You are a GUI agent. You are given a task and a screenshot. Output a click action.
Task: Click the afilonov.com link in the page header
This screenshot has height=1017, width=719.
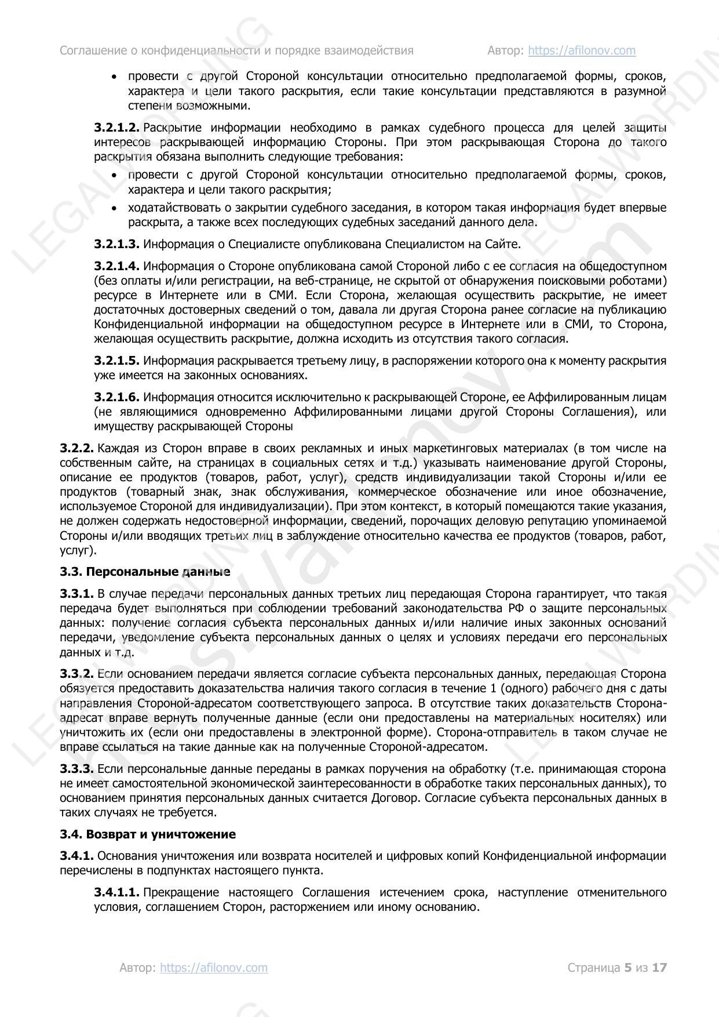[x=582, y=50]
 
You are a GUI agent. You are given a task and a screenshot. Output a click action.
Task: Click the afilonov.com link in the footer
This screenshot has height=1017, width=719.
[x=214, y=967]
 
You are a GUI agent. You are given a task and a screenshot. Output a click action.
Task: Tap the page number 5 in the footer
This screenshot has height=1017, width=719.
[x=627, y=967]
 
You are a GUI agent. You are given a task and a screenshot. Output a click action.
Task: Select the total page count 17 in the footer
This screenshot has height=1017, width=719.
[x=660, y=967]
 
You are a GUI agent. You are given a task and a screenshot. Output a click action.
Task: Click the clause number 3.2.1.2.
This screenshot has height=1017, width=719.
[x=116, y=128]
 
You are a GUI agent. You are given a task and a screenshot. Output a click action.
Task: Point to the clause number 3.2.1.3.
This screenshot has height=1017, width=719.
[x=116, y=244]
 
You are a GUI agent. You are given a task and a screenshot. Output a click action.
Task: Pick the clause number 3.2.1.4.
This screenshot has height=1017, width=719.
[x=116, y=266]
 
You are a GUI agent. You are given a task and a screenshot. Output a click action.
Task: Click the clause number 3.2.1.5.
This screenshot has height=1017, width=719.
[x=116, y=361]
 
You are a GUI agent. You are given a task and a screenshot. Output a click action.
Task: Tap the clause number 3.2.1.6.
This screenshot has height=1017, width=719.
[x=116, y=397]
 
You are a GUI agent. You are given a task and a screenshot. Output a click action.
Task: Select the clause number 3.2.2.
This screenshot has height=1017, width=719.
[x=76, y=448]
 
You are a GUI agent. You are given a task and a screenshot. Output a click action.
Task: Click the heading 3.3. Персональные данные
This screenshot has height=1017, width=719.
[x=145, y=572]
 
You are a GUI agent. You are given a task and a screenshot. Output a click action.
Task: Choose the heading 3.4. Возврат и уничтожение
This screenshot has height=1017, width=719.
[x=148, y=834]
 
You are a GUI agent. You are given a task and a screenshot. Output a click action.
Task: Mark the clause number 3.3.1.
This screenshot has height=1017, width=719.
[x=76, y=594]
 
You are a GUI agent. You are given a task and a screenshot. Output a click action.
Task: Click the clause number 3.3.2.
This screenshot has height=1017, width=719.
[x=76, y=674]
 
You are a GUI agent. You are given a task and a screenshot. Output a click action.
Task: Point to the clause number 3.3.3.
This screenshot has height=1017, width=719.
[x=76, y=769]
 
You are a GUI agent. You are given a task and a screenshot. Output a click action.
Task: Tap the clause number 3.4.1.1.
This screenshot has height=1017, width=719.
[x=116, y=892]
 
